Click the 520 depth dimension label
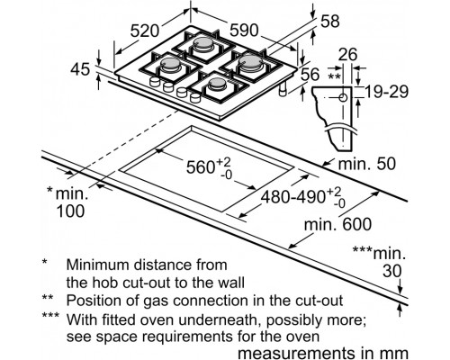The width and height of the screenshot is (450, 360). coord(145,31)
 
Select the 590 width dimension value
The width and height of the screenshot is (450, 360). coord(244,31)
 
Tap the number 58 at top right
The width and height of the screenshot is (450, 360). coord(330,22)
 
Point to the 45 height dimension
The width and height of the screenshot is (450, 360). coord(80,69)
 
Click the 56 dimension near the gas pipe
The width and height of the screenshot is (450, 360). coord(310,75)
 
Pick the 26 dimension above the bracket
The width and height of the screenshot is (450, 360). coord(348,55)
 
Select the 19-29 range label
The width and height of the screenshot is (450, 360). coord(386,92)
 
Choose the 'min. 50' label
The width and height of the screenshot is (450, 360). coord(367,164)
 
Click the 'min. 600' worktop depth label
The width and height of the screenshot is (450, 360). coord(338,224)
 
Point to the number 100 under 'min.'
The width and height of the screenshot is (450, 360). coord(70,211)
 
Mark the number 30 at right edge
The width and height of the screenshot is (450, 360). coord(392,272)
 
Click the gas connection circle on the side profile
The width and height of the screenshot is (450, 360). coord(343,98)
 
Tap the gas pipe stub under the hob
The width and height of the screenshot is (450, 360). coord(283,90)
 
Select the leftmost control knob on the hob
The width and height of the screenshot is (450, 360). coord(155,81)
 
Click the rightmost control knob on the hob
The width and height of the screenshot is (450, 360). coord(195,97)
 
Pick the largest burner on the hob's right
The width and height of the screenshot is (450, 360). coord(250,62)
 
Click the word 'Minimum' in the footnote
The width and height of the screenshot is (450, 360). coord(98,265)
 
